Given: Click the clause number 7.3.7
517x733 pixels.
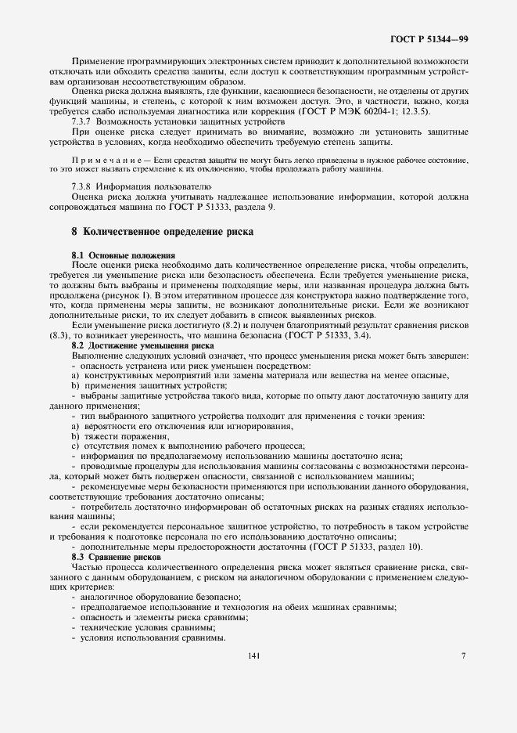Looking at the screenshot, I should (84, 123).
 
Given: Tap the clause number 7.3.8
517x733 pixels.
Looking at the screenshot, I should (84, 188).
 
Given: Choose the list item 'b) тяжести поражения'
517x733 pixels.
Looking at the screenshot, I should (119, 435).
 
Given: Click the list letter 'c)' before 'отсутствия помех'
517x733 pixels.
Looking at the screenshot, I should (76, 446).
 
